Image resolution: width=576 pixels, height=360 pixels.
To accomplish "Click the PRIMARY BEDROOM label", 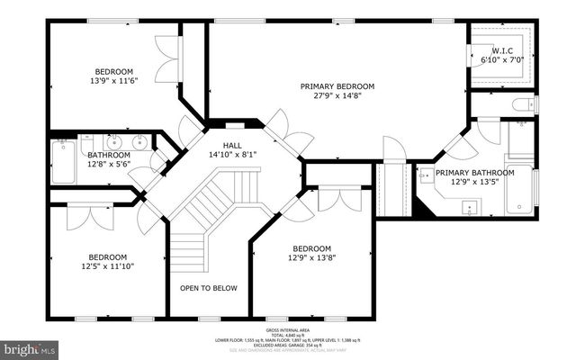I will [x=337, y=86].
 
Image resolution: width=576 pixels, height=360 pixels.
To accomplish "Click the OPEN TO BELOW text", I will [x=208, y=289].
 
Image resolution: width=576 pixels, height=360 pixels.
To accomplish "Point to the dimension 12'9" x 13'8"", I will [x=311, y=259].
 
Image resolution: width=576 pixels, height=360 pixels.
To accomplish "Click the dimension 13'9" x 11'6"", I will [x=114, y=82].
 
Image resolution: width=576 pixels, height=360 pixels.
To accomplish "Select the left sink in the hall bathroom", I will [x=114, y=141].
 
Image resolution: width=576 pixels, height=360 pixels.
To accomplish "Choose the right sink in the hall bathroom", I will [x=139, y=141].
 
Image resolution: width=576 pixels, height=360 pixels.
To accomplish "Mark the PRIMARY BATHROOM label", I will [x=474, y=173].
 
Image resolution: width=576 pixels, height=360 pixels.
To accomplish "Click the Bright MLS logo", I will [x=29, y=346].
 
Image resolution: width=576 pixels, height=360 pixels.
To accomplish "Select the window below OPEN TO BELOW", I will [x=208, y=318].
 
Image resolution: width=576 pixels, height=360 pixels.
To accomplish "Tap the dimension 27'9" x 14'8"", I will [x=337, y=96].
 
